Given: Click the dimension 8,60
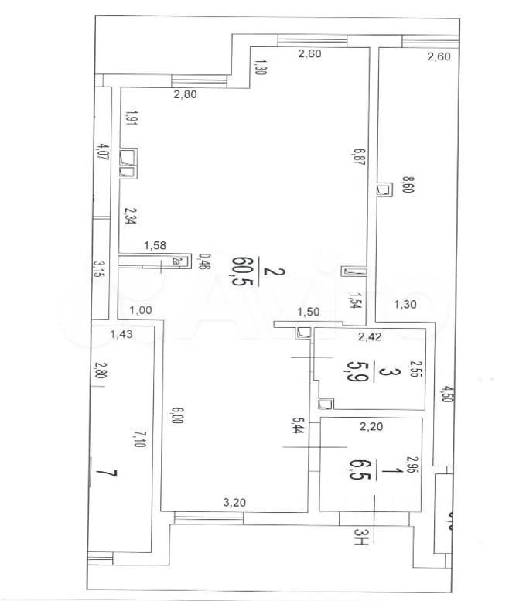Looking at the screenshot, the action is point(408,189).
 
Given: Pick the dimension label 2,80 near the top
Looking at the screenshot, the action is point(186,95).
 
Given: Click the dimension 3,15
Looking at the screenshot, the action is point(98,271).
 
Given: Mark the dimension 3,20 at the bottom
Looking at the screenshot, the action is point(234,502).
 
